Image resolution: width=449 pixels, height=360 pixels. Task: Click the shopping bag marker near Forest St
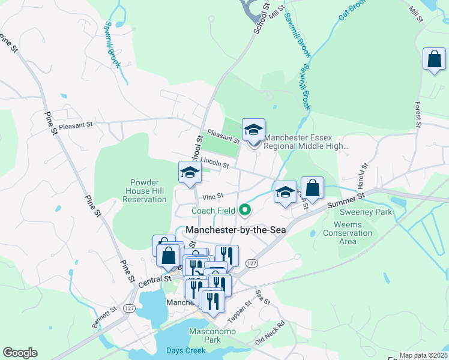coord(434,60)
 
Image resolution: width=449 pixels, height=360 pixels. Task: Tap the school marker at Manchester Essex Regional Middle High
coord(253,130)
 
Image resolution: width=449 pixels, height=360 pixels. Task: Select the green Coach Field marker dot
coord(244,210)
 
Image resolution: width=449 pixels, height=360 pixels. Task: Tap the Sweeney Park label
coord(366,212)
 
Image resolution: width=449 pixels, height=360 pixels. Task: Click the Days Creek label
coord(185,350)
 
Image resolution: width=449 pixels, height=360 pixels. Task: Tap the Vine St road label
coord(212,196)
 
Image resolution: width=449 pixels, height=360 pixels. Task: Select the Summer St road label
coord(347,200)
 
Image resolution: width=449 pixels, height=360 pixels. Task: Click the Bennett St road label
coord(103,314)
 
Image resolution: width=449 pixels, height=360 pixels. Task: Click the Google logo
coord(20,353)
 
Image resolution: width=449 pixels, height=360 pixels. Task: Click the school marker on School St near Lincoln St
coord(190,173)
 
